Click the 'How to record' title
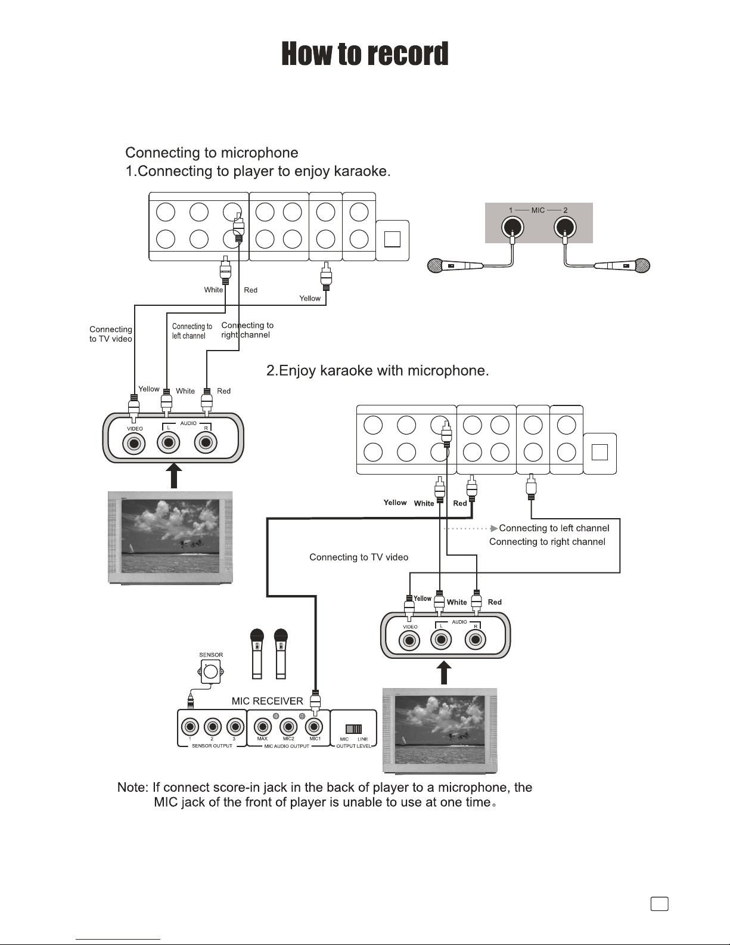pyautogui.click(x=365, y=54)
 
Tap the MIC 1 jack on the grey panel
pyautogui.click(x=512, y=227)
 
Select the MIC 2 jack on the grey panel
pyautogui.click(x=565, y=227)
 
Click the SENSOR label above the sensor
pyautogui.click(x=211, y=655)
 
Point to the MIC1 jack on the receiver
pyautogui.click(x=313, y=727)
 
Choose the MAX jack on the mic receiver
pyautogui.click(x=262, y=727)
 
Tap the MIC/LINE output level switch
pyautogui.click(x=354, y=729)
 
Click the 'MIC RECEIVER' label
pyautogui.click(x=267, y=701)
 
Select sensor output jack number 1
pyautogui.click(x=190, y=727)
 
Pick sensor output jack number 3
pyautogui.click(x=235, y=727)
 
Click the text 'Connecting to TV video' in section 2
pyautogui.click(x=359, y=557)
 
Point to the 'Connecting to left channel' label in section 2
pyautogui.click(x=554, y=528)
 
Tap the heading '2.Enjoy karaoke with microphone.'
pyautogui.click(x=378, y=370)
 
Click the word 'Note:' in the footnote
pyautogui.click(x=133, y=787)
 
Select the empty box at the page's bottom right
pyautogui.click(x=659, y=904)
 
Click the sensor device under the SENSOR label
pyautogui.click(x=211, y=672)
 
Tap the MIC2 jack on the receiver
pyautogui.click(x=288, y=727)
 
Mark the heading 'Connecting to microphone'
pyautogui.click(x=212, y=153)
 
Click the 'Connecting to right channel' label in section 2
pyautogui.click(x=547, y=542)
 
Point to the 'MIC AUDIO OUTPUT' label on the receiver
pyautogui.click(x=287, y=746)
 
